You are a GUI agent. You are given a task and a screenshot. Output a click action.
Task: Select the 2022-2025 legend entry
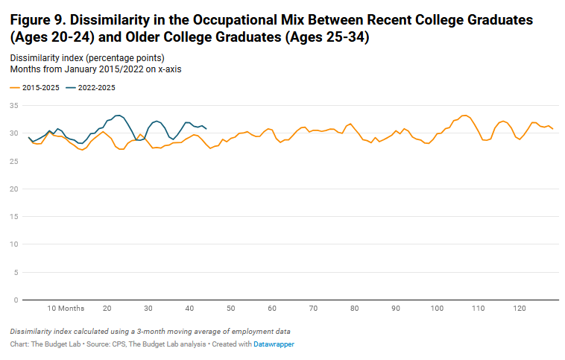pyautogui.click(x=96, y=87)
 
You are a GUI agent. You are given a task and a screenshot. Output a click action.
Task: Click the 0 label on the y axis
pyautogui.click(x=16, y=300)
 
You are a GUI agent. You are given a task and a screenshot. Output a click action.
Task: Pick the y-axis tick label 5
pyautogui.click(x=16, y=272)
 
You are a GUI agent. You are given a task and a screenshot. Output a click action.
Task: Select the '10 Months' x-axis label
pyautogui.click(x=66, y=308)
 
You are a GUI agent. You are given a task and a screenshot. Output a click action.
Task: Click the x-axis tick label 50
pyautogui.click(x=231, y=308)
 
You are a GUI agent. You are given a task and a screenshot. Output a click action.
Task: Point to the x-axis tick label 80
pyautogui.click(x=354, y=308)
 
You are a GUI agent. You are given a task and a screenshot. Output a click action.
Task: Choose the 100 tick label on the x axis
pyautogui.click(x=437, y=308)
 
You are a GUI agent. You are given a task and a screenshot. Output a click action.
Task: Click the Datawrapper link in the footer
pyautogui.click(x=273, y=344)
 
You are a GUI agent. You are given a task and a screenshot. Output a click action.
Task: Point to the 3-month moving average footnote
pyautogui.click(x=150, y=331)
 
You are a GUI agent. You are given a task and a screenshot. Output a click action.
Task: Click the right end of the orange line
pyautogui.click(x=552, y=129)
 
